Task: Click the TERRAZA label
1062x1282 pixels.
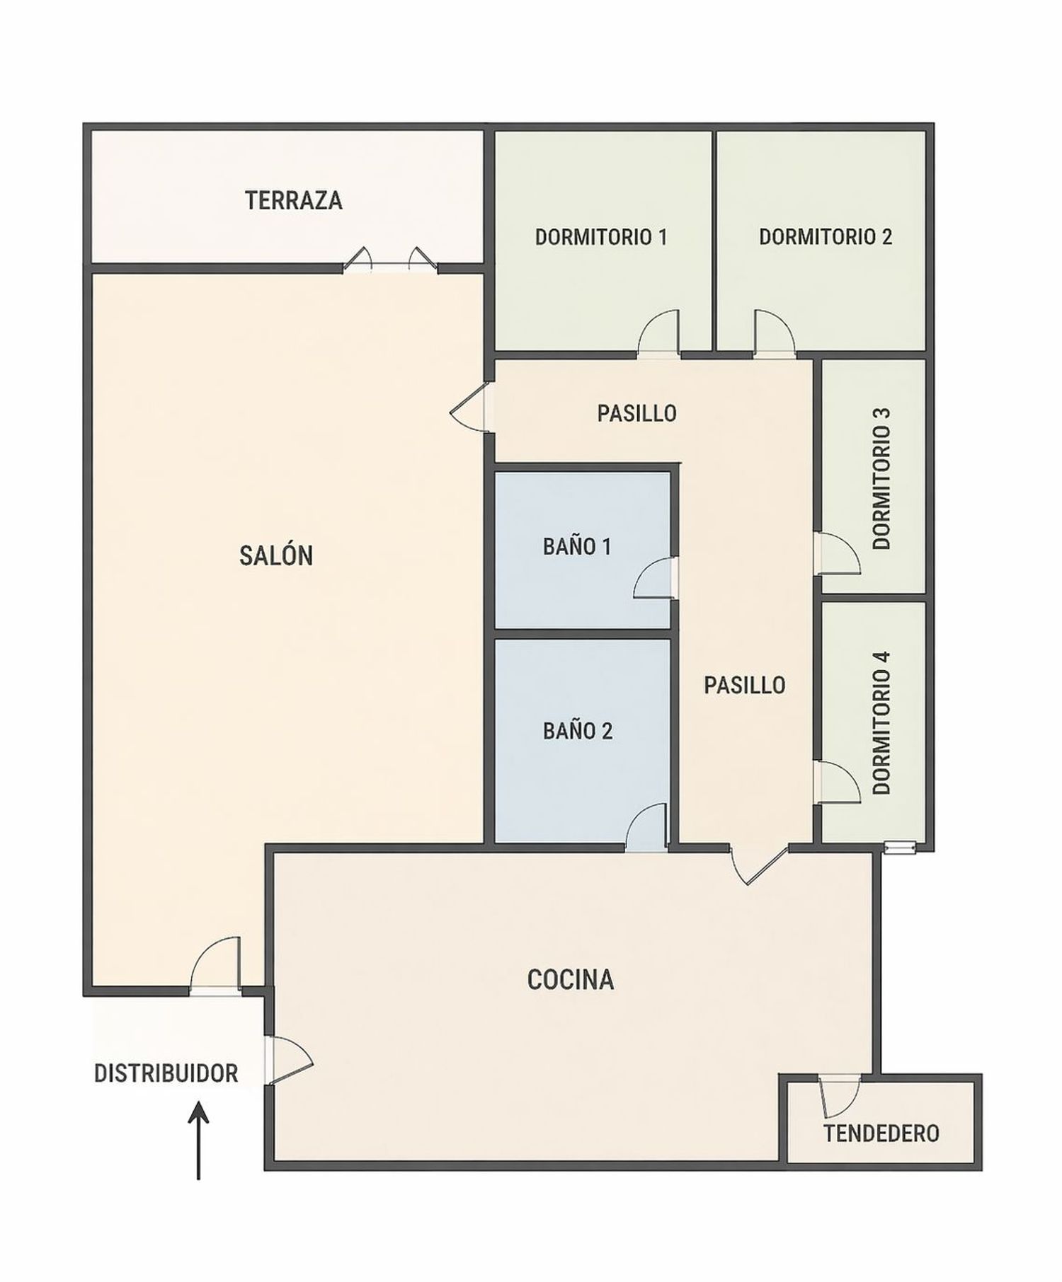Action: [x=294, y=200]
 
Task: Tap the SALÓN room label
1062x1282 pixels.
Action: [x=276, y=555]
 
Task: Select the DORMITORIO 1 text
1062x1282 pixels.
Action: [x=601, y=236]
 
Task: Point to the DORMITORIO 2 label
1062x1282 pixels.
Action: [x=826, y=236]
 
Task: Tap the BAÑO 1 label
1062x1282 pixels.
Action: [x=577, y=546]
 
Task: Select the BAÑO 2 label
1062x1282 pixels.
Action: [x=578, y=731]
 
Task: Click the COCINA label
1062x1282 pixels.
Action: [x=571, y=979]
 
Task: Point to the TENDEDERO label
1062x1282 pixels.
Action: [x=881, y=1133]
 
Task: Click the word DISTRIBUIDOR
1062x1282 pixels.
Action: [x=166, y=1073]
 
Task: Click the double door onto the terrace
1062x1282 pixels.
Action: [x=390, y=260]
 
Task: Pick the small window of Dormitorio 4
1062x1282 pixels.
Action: [x=901, y=846]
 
